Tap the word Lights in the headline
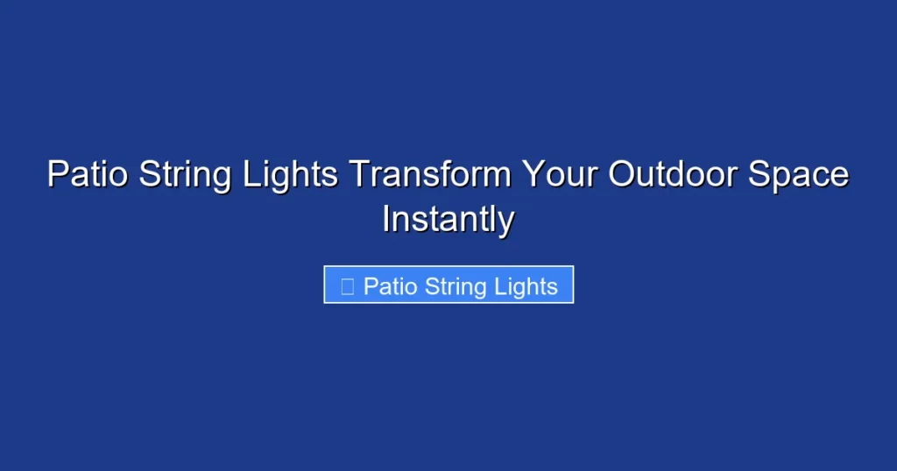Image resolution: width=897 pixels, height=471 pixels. [x=288, y=174]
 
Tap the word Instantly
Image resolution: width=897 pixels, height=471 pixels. [x=448, y=219]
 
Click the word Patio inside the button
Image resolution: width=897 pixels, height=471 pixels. [x=391, y=286]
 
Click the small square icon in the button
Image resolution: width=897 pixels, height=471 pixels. [x=347, y=286]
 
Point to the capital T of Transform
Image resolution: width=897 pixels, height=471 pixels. [x=359, y=174]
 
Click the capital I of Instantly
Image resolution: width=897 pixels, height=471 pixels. [x=386, y=219]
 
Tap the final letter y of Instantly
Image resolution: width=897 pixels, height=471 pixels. [x=505, y=222]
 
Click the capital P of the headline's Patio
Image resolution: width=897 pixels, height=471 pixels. [x=56, y=174]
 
